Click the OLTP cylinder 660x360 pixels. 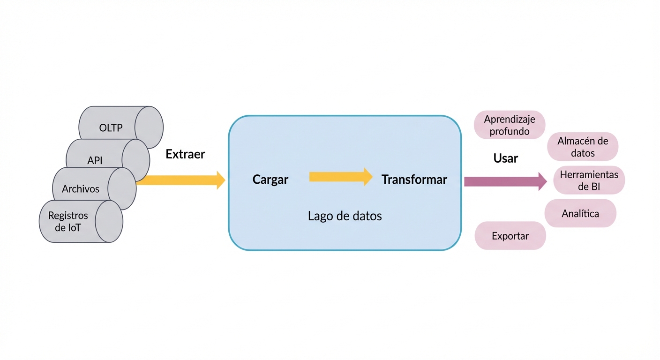click(111, 127)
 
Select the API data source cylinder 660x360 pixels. click(95, 160)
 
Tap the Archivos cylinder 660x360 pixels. click(81, 189)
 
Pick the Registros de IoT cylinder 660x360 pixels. click(68, 222)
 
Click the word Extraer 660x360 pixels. click(185, 154)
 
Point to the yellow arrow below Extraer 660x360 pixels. click(178, 180)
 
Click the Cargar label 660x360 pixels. click(270, 180)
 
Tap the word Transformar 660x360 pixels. click(414, 180)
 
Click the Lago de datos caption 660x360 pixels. click(345, 216)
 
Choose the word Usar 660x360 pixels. click(506, 158)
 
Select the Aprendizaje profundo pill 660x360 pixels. click(510, 125)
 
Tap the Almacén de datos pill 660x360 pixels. click(583, 147)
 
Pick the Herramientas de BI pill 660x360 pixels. click(589, 180)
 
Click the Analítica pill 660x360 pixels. click(580, 214)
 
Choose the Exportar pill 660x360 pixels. click(510, 236)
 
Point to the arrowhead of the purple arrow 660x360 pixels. click(542, 181)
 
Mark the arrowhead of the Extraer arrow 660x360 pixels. click(221, 180)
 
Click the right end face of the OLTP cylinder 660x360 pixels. click(149, 127)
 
